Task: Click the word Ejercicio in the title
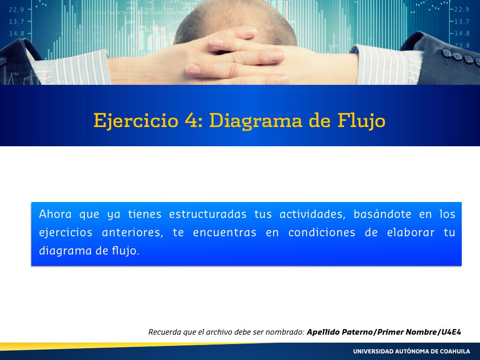(x=136, y=120)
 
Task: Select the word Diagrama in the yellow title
(x=255, y=120)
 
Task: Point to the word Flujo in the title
(x=361, y=120)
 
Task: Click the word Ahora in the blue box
(x=55, y=214)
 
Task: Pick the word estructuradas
(x=208, y=214)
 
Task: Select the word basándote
(x=382, y=214)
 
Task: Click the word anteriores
(x=132, y=232)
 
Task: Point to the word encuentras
(x=225, y=232)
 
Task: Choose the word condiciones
(x=322, y=232)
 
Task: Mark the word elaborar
(x=411, y=232)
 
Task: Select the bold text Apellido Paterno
(x=340, y=332)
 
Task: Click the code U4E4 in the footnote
(x=451, y=332)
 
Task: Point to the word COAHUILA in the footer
(x=455, y=352)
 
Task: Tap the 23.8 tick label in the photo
(x=462, y=45)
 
